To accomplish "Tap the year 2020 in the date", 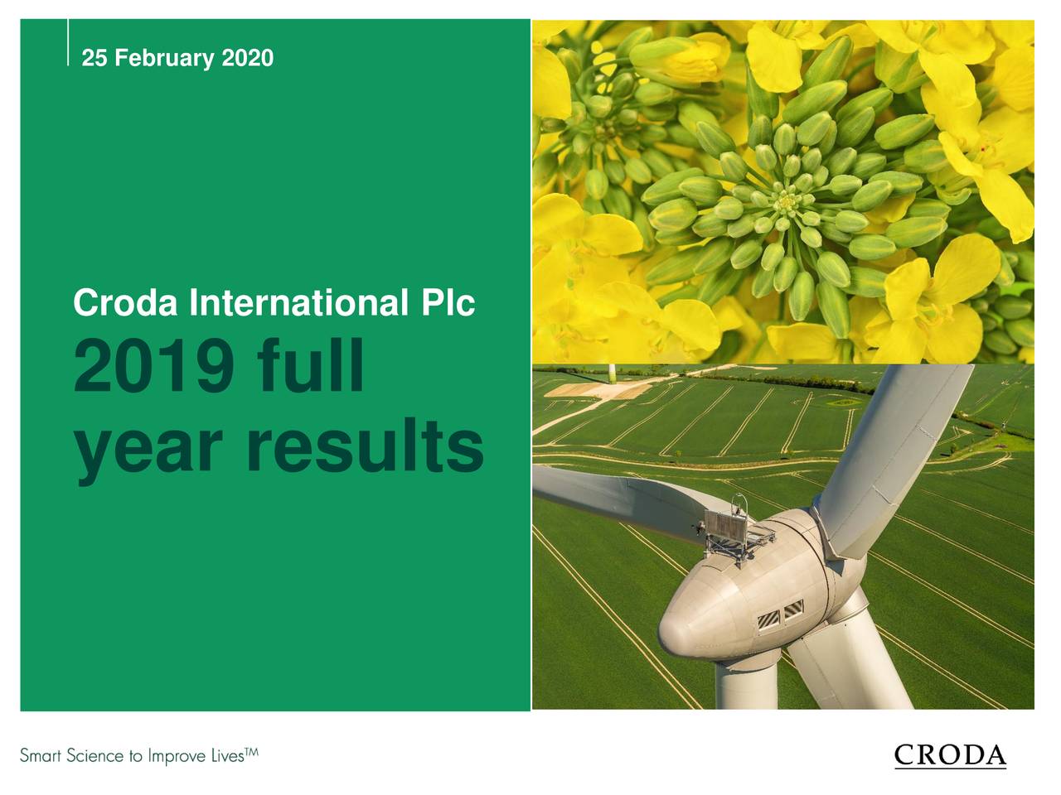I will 247,59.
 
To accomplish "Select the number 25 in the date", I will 94,59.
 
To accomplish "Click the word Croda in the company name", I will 125,303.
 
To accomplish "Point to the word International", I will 298,303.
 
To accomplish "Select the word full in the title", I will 310,369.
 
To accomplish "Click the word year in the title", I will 148,447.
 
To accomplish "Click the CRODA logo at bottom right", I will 951,755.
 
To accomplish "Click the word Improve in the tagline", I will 174,757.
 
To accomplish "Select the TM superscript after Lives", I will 252,751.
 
